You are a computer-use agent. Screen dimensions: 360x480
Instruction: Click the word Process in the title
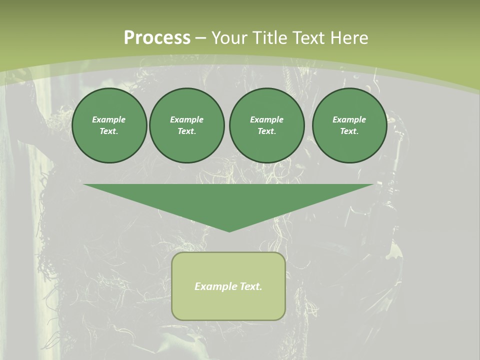[157, 38]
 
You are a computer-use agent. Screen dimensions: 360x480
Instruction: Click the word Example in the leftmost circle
[109, 119]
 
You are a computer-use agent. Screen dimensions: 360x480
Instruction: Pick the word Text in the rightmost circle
[349, 131]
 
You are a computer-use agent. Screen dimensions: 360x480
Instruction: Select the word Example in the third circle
[266, 119]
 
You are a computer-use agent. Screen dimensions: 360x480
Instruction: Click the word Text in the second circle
[186, 131]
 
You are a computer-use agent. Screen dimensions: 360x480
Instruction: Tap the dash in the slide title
[200, 38]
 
